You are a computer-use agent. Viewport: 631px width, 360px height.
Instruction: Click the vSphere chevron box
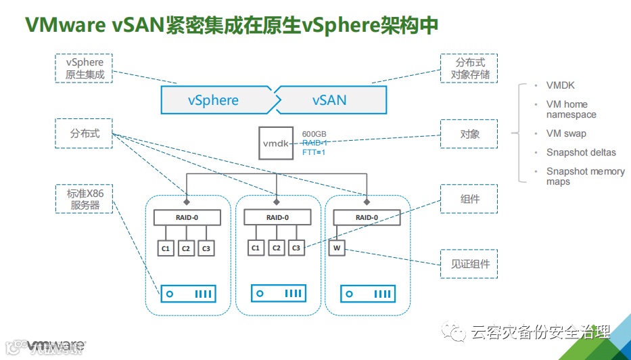point(215,100)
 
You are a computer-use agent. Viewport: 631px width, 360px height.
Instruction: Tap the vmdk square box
point(276,143)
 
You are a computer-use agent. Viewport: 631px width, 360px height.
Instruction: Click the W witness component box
point(337,248)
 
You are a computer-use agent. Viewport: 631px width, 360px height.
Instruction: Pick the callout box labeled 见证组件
point(469,263)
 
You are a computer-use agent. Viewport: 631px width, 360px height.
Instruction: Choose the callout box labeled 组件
point(469,200)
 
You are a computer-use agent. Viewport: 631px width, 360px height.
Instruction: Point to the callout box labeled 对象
point(469,134)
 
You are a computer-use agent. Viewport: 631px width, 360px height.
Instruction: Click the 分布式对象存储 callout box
point(469,68)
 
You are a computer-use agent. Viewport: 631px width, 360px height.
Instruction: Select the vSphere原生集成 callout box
point(83,68)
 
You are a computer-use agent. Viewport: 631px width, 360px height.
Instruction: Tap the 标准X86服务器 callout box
point(83,200)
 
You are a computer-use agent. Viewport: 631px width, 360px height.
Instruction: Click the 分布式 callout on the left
point(83,134)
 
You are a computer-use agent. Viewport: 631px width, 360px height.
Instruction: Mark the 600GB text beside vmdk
point(314,134)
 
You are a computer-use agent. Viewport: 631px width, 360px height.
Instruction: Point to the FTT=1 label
point(314,152)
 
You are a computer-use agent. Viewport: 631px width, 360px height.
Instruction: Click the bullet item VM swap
point(566,133)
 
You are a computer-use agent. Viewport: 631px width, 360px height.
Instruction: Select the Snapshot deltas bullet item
point(581,152)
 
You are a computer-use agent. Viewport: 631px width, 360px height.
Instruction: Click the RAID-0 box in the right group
point(366,217)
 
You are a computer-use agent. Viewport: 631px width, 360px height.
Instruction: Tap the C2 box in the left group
point(186,248)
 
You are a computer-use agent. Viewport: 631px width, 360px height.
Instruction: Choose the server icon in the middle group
point(277,294)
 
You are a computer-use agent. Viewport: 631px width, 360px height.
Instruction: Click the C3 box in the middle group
point(296,248)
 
